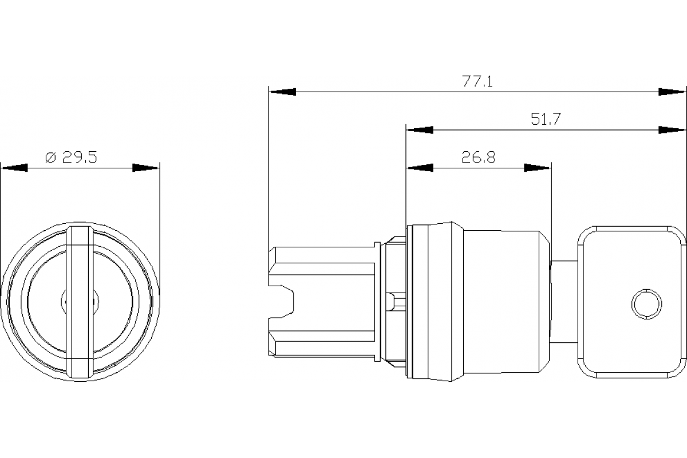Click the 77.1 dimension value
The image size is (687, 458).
(x=477, y=81)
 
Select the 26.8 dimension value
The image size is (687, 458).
(x=479, y=157)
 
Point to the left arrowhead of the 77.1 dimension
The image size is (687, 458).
(x=282, y=92)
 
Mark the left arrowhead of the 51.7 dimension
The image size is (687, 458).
(x=420, y=130)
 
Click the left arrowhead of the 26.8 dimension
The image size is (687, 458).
(x=419, y=168)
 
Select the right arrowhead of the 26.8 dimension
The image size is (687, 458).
(x=538, y=168)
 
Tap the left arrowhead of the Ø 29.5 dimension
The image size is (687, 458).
(x=14, y=168)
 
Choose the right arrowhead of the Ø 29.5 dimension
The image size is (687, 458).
(x=146, y=168)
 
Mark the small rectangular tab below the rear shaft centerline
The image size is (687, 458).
(x=391, y=301)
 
